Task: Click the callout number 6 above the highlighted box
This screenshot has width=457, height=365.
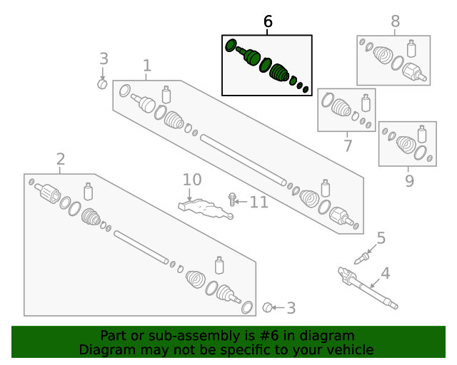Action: pyautogui.click(x=268, y=21)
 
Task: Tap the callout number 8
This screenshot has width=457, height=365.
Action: pyautogui.click(x=395, y=21)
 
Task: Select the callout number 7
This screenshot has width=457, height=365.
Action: pyautogui.click(x=348, y=145)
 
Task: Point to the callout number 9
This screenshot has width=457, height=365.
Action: pyautogui.click(x=409, y=181)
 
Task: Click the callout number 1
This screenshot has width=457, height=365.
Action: pyautogui.click(x=147, y=66)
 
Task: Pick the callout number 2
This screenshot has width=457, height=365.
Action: pyautogui.click(x=61, y=159)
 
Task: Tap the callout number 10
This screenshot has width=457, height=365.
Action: pyautogui.click(x=192, y=180)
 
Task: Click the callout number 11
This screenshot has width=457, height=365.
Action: pyautogui.click(x=259, y=202)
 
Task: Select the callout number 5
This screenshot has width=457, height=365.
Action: pyautogui.click(x=381, y=238)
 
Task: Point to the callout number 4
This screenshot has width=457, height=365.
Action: pyautogui.click(x=386, y=273)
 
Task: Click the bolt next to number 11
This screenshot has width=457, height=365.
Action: pyautogui.click(x=232, y=200)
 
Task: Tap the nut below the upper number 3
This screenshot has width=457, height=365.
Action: pyautogui.click(x=102, y=84)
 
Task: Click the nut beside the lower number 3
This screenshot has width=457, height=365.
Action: pyautogui.click(x=267, y=307)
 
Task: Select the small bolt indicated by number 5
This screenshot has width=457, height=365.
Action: pyautogui.click(x=362, y=259)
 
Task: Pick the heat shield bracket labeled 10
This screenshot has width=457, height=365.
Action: pyautogui.click(x=206, y=209)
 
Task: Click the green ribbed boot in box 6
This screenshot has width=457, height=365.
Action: pyautogui.click(x=279, y=73)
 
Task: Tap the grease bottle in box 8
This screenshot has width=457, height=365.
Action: pyautogui.click(x=411, y=48)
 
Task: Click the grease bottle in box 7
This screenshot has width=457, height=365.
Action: pyautogui.click(x=366, y=103)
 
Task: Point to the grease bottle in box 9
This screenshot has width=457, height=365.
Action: pyautogui.click(x=422, y=134)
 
